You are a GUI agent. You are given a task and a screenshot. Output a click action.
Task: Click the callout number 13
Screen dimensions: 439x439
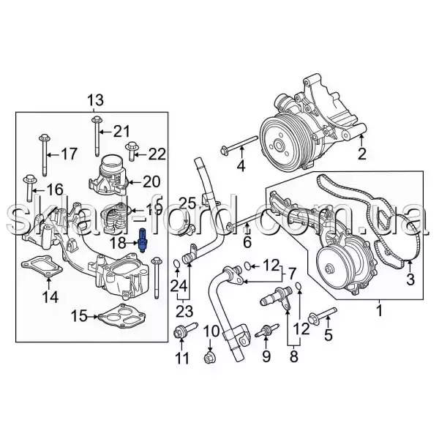point(97,100)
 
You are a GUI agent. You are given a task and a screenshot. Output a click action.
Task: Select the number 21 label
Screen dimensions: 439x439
point(120,131)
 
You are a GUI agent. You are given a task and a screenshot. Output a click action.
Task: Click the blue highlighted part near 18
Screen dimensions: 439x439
point(143,241)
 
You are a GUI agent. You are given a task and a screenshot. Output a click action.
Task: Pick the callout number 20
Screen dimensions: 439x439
point(151,181)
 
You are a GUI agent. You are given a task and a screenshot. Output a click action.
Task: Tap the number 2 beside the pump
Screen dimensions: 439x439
point(361,154)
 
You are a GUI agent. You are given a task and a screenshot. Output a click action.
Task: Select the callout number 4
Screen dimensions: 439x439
point(241,166)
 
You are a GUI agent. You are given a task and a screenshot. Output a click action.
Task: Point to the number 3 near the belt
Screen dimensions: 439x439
point(410,279)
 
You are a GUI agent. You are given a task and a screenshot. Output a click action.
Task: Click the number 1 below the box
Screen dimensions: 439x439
point(378,312)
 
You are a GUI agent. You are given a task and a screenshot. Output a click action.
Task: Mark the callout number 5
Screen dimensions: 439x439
point(329,336)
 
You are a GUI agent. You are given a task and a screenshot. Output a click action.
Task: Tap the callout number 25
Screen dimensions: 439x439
point(187,203)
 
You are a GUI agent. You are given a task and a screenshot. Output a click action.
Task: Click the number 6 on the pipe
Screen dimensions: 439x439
point(247,241)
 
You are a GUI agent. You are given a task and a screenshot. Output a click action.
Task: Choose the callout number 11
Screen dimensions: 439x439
point(182,358)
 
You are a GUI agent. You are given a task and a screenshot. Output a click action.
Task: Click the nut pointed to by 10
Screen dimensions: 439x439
point(210,358)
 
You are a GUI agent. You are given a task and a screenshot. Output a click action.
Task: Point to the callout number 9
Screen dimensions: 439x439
point(266,357)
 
